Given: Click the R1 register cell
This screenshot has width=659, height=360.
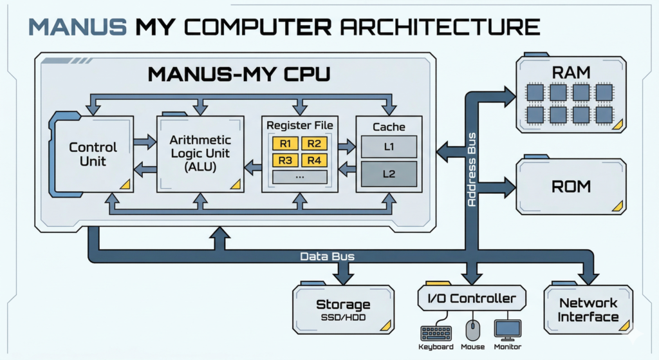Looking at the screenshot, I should pyautogui.click(x=286, y=144).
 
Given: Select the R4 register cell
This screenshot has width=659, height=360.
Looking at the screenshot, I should pyautogui.click(x=314, y=160).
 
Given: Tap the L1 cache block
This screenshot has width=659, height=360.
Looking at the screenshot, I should pyautogui.click(x=389, y=147).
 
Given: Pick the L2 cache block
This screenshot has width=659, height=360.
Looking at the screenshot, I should pyautogui.click(x=389, y=174).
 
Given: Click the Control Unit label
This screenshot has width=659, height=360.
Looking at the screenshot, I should pyautogui.click(x=93, y=155).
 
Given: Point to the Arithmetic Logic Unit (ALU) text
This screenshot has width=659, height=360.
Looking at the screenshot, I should pyautogui.click(x=200, y=153).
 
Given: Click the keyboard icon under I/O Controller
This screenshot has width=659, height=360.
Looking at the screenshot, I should pyautogui.click(x=436, y=333).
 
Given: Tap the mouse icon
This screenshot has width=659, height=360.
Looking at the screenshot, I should pyautogui.click(x=473, y=331).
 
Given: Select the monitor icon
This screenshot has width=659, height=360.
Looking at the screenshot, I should pyautogui.click(x=507, y=330).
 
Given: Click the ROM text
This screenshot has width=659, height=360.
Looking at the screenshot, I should pyautogui.click(x=571, y=187).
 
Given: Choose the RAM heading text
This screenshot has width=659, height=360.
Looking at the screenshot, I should pyautogui.click(x=571, y=72).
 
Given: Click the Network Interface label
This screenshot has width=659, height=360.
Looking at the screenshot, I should pyautogui.click(x=588, y=310).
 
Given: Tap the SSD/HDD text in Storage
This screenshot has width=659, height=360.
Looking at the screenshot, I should pyautogui.click(x=343, y=318).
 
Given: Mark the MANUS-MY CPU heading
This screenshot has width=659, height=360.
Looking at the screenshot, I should pyautogui.click(x=239, y=74).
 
